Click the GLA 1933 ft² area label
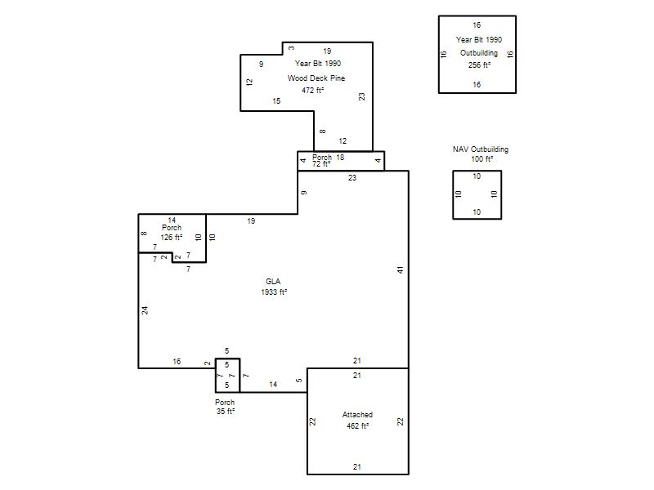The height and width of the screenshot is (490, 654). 274,287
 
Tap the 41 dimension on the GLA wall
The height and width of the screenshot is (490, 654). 401,270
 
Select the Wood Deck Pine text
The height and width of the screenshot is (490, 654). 316,78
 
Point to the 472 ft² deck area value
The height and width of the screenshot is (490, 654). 313,90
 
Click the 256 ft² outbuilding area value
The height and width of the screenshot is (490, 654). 479,65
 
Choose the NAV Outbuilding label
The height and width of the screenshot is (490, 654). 481,149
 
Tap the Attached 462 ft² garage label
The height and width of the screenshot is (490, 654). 357,420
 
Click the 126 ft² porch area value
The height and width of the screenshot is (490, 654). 172,238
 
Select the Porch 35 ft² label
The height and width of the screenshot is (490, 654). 226,407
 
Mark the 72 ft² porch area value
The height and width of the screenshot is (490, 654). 321,164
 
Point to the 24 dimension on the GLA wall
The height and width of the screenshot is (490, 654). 145,310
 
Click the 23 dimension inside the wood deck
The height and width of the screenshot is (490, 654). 361,96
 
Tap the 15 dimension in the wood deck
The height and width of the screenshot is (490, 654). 276,100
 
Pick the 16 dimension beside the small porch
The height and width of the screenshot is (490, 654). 177,361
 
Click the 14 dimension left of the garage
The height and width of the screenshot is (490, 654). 273,384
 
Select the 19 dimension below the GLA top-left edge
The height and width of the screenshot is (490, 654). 251,220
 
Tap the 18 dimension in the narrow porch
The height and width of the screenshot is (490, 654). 340,157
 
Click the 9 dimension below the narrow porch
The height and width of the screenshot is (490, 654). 304,193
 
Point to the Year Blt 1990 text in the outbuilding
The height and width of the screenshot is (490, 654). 479,39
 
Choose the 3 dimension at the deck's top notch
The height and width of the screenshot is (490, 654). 291,48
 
